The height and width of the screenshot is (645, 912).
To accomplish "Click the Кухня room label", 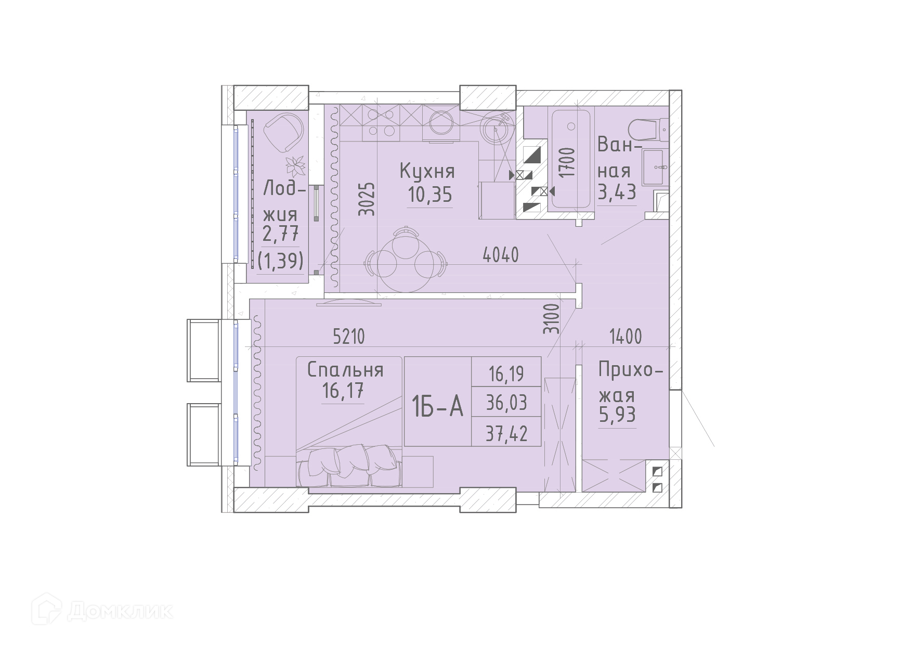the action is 427,171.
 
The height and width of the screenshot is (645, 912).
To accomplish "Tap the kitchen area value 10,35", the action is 430,195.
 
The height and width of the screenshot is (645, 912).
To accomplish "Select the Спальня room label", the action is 345,370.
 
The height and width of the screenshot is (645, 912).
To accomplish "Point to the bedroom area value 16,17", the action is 343,390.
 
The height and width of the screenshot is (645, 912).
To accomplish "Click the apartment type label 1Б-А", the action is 437,406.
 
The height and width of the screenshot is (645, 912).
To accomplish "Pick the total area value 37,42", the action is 506,433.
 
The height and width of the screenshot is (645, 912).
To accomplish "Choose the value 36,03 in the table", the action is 506,403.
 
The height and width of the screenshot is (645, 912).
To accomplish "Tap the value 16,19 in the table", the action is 506,373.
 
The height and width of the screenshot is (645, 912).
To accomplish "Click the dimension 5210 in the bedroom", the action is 349,337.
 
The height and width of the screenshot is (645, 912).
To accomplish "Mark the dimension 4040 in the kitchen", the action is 501,254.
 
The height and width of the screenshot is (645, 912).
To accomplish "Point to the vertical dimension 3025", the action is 367,199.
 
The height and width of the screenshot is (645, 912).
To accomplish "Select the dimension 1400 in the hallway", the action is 626,337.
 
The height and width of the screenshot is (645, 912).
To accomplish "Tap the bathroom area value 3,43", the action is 617,192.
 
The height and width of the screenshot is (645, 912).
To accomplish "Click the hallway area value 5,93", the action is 617,415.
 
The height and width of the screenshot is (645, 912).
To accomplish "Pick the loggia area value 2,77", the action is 281,234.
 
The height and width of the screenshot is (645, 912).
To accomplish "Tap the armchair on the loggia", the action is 283,132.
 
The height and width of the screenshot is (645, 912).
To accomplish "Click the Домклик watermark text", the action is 120,610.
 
